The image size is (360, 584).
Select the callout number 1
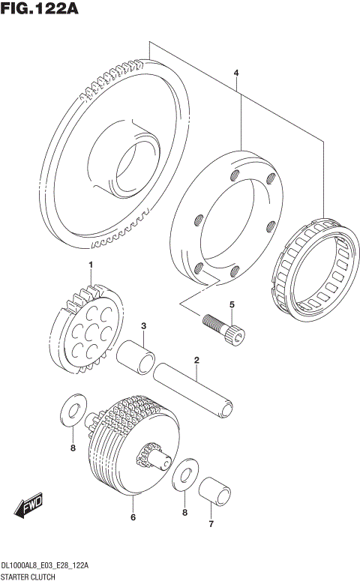tap(91, 265)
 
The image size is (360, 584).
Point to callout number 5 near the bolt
tap(232, 304)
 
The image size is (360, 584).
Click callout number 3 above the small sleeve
tap(143, 325)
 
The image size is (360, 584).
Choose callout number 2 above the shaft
tap(196, 361)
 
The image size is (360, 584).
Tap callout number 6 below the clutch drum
tap(133, 517)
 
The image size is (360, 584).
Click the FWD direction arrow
tap(30, 507)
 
